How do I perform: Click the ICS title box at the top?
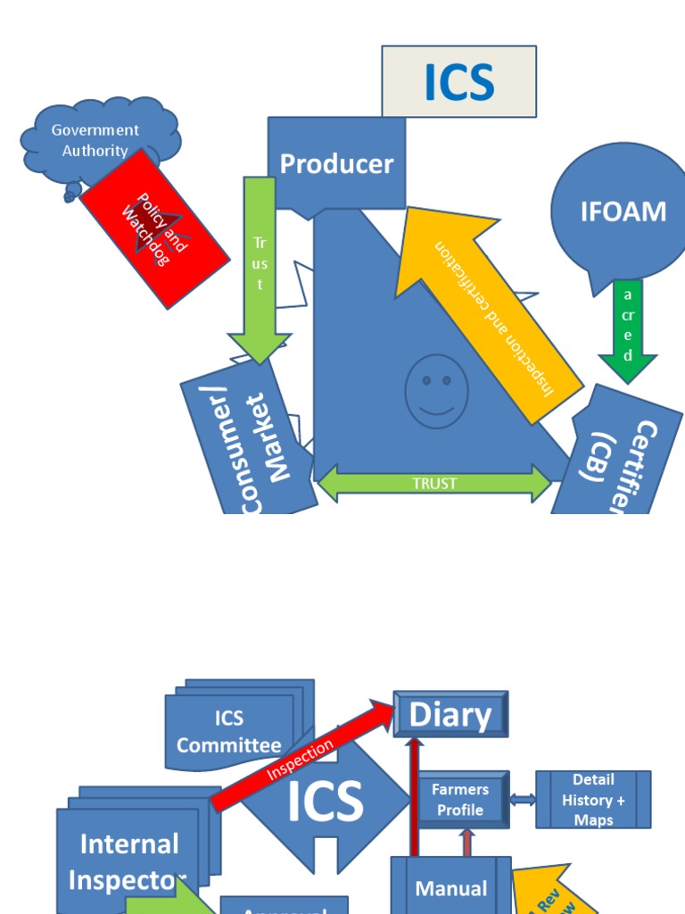tap(459, 82)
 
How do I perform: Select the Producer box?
tap(336, 164)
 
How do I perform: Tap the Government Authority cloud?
tap(95, 140)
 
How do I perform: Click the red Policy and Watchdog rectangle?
tap(154, 228)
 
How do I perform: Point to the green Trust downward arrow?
tap(260, 268)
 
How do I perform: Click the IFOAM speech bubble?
tap(623, 212)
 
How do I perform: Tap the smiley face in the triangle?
tap(436, 391)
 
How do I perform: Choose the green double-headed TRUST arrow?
tap(434, 483)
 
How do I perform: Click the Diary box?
tap(450, 714)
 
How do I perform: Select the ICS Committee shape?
tap(229, 731)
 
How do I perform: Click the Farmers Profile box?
tap(460, 800)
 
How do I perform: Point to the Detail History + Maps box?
tap(593, 800)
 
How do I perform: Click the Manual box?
tap(451, 887)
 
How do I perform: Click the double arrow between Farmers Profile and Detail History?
tap(523, 800)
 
